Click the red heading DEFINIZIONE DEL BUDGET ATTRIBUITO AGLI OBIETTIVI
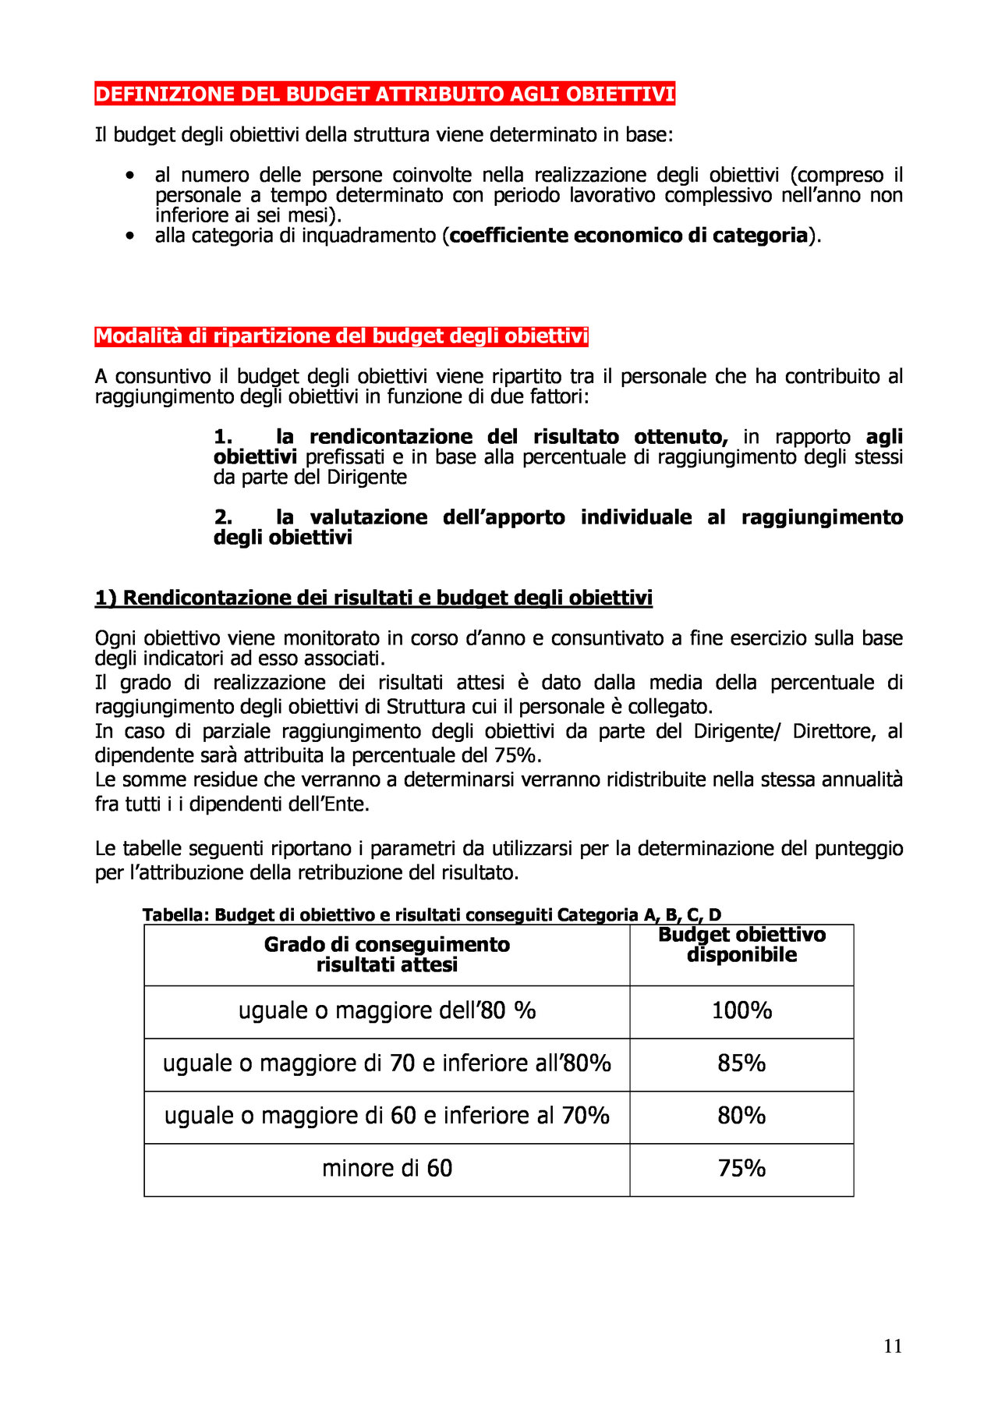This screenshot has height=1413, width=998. pyautogui.click(x=384, y=94)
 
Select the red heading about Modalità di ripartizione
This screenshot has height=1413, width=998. pyautogui.click(x=342, y=336)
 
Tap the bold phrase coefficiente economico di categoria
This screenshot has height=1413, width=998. pyautogui.click(x=628, y=236)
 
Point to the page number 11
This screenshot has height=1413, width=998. pyautogui.click(x=893, y=1346)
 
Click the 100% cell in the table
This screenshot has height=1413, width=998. pyautogui.click(x=741, y=1011)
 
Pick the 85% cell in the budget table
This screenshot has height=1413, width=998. pyautogui.click(x=741, y=1063)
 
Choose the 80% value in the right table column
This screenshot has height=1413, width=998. pyautogui.click(x=741, y=1116)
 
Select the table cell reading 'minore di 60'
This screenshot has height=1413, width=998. pyautogui.click(x=387, y=1169)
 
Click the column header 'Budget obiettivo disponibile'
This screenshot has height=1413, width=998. pyautogui.click(x=741, y=945)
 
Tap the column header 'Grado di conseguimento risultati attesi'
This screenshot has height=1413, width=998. pyautogui.click(x=387, y=954)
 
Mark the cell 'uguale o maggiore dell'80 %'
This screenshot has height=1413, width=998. pyautogui.click(x=387, y=1011)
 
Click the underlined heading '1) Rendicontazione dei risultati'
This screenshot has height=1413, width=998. pyautogui.click(x=373, y=598)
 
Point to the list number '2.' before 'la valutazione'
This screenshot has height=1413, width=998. pyautogui.click(x=223, y=517)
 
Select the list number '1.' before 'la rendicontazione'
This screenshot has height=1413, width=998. pyautogui.click(x=223, y=437)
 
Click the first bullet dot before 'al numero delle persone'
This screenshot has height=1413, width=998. pyautogui.click(x=129, y=176)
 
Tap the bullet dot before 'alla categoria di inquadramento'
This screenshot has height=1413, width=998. pyautogui.click(x=129, y=236)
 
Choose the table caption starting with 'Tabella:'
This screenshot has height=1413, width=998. pyautogui.click(x=432, y=915)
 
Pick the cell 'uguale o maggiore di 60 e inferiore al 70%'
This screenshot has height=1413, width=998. pyautogui.click(x=387, y=1116)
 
